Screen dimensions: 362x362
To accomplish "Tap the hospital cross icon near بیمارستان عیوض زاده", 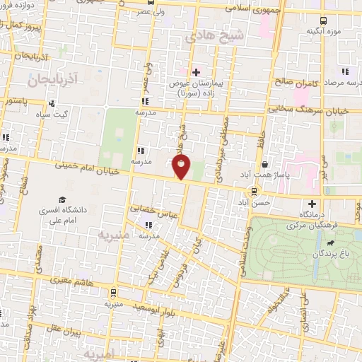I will pyautogui.click(x=196, y=71).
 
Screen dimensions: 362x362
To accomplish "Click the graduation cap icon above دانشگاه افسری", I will pyautogui.click(x=62, y=199).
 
